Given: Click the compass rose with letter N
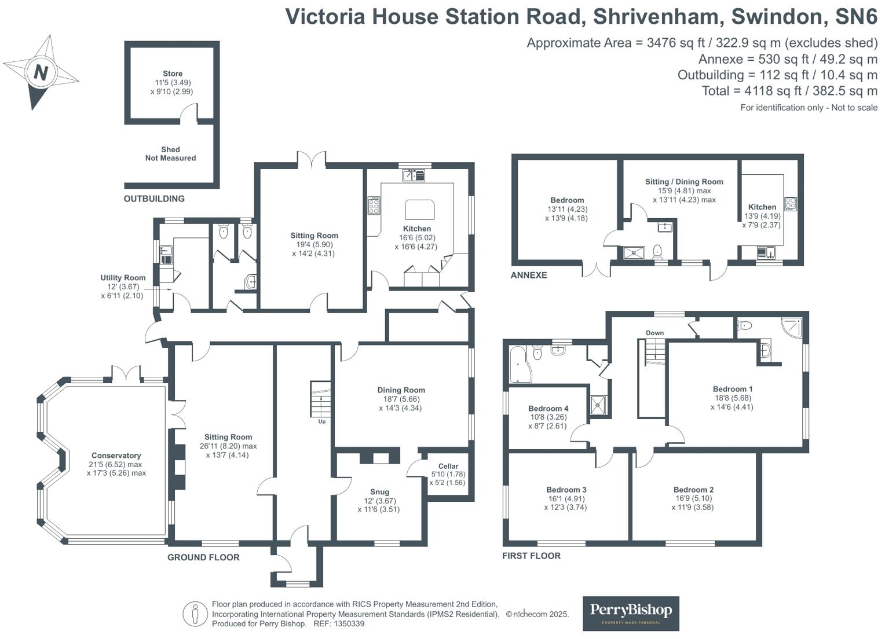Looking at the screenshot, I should [40, 72].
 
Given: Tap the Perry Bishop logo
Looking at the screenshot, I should [630, 613].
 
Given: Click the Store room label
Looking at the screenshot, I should [172, 74].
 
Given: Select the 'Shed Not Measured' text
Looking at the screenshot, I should [170, 154].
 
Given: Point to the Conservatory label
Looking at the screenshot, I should [116, 456].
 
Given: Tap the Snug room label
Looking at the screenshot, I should [379, 492].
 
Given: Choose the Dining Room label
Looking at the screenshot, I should [401, 390].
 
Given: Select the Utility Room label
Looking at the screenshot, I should [123, 278].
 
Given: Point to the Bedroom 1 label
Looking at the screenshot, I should [733, 389].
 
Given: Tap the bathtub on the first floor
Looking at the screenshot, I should [519, 365].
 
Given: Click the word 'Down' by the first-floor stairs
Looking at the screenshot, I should [654, 333].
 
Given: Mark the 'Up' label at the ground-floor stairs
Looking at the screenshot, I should [322, 421].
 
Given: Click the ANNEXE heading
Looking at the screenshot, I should [528, 276].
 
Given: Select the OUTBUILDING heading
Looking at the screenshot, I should [154, 199].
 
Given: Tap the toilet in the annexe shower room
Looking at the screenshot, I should [657, 251].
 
